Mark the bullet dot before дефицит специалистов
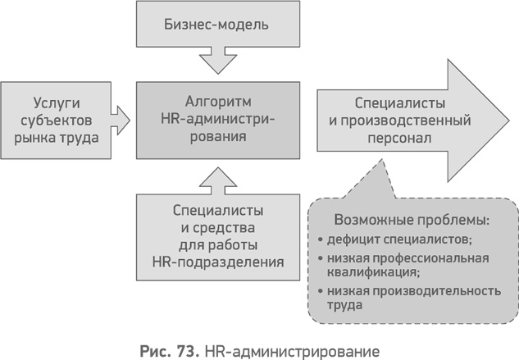coord(320,240)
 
